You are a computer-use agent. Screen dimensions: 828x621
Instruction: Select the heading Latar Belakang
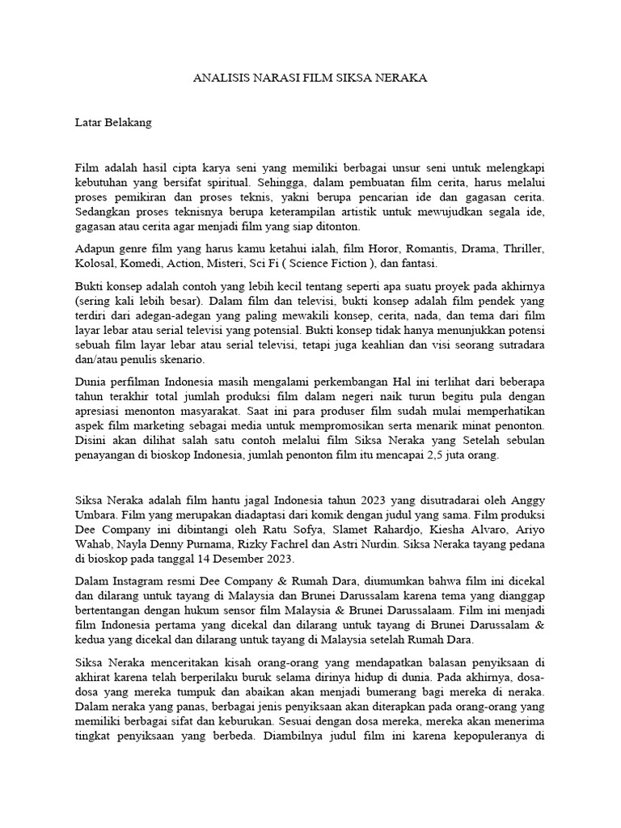[x=112, y=124]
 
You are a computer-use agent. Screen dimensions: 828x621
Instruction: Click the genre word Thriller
[x=522, y=249]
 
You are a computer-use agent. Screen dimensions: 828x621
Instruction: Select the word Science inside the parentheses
[x=317, y=264]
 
